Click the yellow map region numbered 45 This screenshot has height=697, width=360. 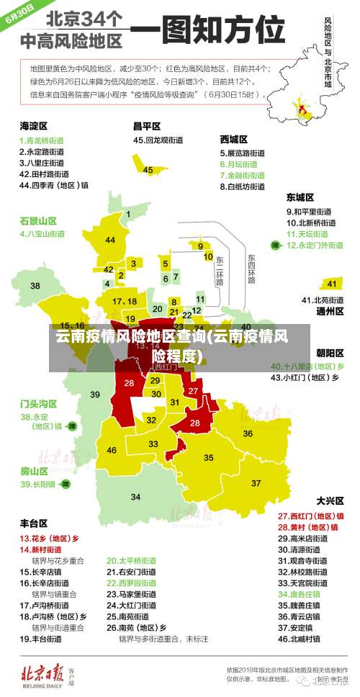[x=148, y=170]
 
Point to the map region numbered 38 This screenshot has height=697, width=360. [x=35, y=286]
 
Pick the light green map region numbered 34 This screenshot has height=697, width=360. [x=135, y=497]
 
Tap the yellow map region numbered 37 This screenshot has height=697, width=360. [x=256, y=482]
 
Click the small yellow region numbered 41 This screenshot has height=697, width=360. [x=331, y=284]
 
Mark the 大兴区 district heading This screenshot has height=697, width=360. [x=329, y=500]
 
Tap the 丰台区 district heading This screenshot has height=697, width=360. [x=33, y=523]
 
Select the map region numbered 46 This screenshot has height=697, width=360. [x=112, y=450]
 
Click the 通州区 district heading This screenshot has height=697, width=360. [x=329, y=312]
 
